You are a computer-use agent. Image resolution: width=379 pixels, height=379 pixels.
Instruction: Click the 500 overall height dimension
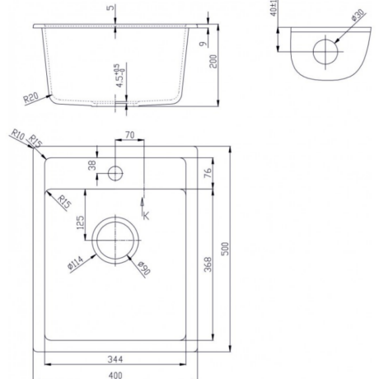225,249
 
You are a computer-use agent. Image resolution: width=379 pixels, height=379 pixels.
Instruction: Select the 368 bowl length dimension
208,264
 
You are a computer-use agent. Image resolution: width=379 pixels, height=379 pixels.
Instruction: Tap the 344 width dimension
115,359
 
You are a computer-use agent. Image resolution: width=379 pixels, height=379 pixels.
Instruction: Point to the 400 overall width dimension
115,375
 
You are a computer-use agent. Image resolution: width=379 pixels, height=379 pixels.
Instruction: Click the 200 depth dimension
213,61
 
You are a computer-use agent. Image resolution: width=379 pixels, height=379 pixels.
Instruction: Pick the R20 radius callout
30,98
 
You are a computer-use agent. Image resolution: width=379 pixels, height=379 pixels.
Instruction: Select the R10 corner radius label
18,134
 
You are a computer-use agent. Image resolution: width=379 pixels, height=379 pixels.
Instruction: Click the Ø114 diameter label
75,263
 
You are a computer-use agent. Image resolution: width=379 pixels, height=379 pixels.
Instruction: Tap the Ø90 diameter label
144,268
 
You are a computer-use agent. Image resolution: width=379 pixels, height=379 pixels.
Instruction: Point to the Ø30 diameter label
358,15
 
